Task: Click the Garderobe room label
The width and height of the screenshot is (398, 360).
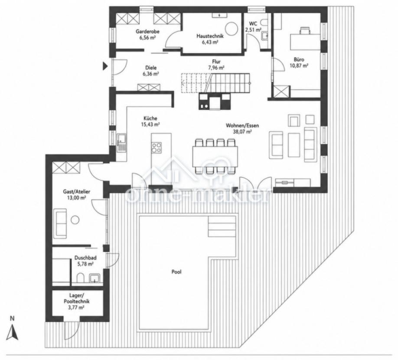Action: (147, 32)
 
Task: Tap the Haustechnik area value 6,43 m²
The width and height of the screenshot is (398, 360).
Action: (210, 43)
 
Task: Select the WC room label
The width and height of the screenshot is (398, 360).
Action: (253, 23)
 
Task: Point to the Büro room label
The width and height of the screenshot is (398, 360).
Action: (299, 60)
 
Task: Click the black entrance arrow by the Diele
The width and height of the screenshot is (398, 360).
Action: (105, 66)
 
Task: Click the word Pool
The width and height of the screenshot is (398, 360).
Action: (176, 272)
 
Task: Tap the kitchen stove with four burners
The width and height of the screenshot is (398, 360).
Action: (156, 147)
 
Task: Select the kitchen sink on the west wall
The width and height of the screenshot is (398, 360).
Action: (121, 143)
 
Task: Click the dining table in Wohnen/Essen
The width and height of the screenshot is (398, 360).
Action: (215, 156)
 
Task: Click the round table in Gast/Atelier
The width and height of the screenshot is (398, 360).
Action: (75, 220)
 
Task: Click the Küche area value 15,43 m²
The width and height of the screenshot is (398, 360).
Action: (150, 124)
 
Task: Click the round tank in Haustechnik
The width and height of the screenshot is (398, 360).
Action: (232, 29)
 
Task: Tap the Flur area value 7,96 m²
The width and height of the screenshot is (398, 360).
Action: (216, 68)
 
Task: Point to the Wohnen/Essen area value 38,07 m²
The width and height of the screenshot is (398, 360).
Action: (242, 131)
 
